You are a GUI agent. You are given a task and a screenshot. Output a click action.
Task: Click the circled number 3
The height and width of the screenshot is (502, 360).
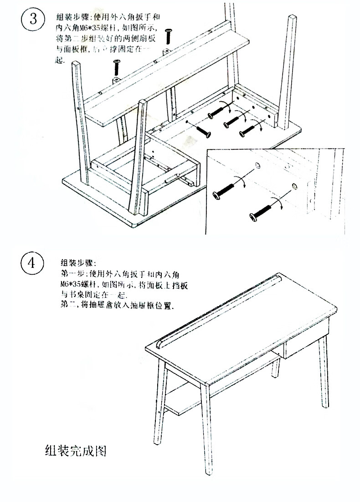[32, 20]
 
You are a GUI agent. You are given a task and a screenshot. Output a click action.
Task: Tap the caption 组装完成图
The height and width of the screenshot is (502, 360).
[76, 451]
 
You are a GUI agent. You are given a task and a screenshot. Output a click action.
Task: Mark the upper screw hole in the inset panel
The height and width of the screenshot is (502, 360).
[256, 165]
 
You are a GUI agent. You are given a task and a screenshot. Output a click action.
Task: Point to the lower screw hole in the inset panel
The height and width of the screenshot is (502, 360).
[294, 185]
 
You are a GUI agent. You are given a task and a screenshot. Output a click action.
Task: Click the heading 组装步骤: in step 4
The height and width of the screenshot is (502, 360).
[77, 263]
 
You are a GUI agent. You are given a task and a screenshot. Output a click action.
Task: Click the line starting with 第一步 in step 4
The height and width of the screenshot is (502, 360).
[121, 274]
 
